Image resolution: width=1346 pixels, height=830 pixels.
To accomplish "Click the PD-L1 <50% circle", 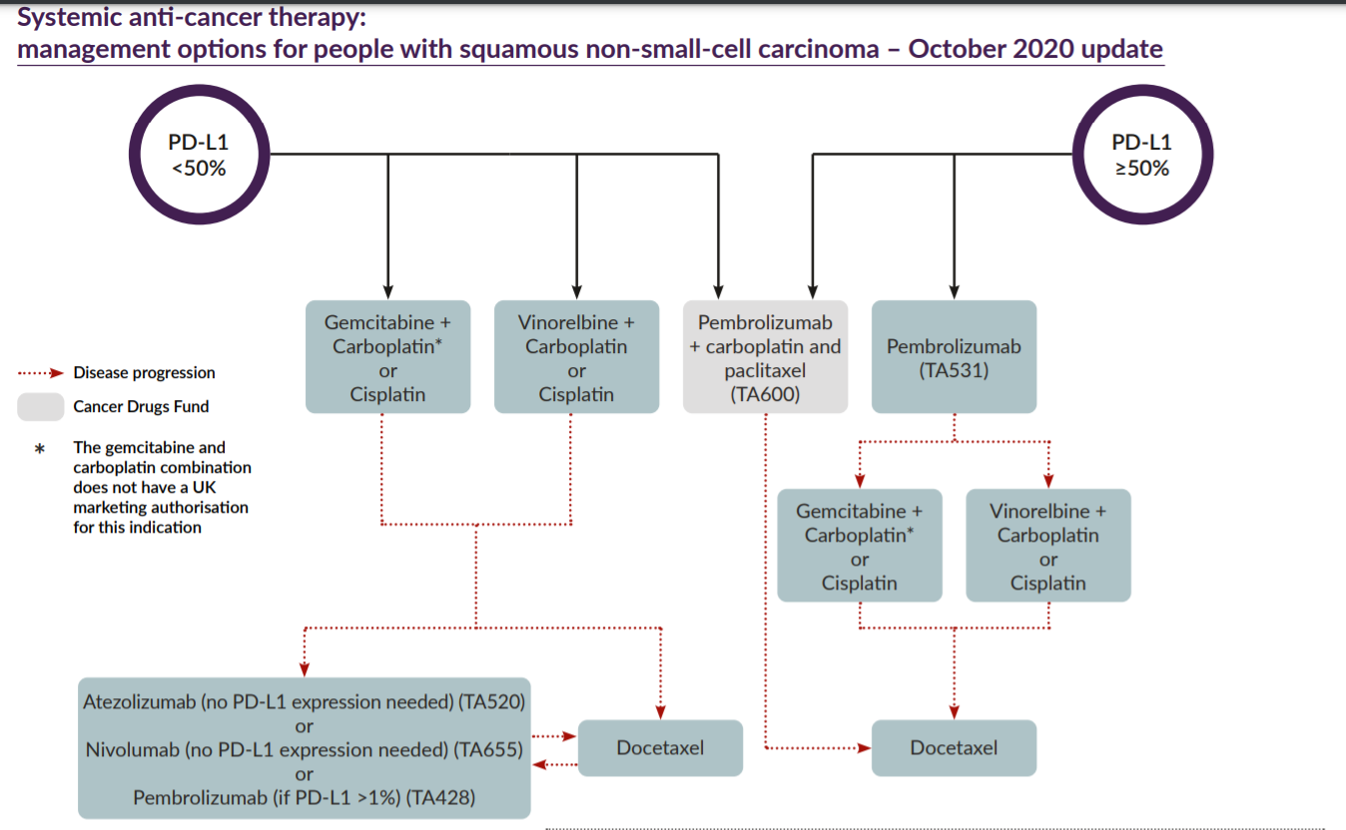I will click(x=198, y=155).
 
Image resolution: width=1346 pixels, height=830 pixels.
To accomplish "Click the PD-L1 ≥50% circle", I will click(x=1141, y=155).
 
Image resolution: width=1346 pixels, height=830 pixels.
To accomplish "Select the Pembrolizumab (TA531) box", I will click(x=954, y=357).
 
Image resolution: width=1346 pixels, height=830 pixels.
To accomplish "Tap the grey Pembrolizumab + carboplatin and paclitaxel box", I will click(x=765, y=357).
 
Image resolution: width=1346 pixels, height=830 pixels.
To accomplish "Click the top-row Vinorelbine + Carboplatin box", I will click(x=576, y=357).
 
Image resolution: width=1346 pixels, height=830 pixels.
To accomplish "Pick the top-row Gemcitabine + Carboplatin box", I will click(x=387, y=357).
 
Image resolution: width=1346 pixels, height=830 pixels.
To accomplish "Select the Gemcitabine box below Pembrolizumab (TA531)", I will click(x=859, y=546).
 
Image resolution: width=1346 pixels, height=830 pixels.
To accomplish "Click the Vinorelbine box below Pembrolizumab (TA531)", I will click(x=1047, y=546).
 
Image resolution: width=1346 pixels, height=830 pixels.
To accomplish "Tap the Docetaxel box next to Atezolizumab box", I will click(x=660, y=747).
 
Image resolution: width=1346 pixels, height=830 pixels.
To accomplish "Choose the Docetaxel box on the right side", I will click(x=954, y=747).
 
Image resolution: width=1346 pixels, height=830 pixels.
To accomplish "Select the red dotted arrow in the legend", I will click(x=41, y=373).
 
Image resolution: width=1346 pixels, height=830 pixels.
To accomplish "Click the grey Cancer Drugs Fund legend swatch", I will click(x=41, y=406).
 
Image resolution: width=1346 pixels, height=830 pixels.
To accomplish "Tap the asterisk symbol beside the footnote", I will click(x=40, y=449).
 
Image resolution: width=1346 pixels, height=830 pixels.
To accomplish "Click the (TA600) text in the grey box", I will click(x=765, y=394).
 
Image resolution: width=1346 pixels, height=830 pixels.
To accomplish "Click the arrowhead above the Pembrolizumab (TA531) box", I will click(x=954, y=290).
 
